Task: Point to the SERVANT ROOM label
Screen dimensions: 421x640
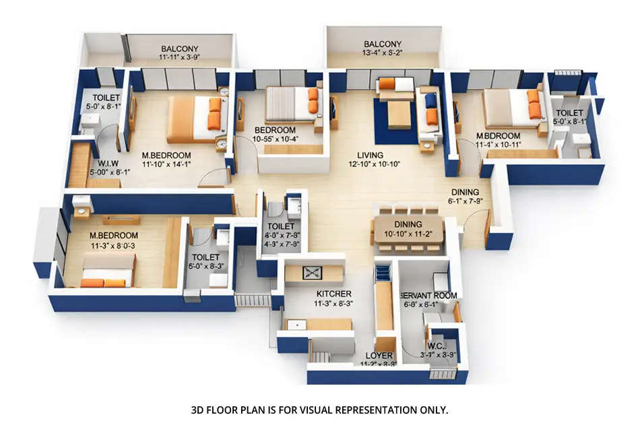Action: point(428,296)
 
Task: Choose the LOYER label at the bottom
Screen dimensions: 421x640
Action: point(379,355)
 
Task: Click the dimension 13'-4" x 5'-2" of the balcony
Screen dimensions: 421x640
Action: point(382,55)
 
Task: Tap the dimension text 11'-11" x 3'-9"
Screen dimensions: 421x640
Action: point(180,59)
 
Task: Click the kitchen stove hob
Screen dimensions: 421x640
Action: point(312,272)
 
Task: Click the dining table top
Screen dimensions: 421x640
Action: point(408,228)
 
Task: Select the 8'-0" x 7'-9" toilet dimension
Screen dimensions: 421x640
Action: point(281,236)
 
